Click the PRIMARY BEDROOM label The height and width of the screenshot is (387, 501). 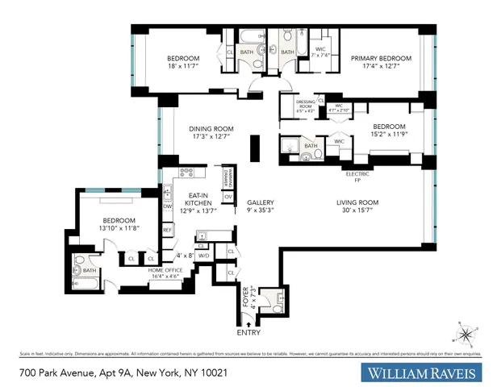(x=381, y=59)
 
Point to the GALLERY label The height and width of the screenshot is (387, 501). (x=261, y=202)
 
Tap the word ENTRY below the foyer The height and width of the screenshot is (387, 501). (x=248, y=331)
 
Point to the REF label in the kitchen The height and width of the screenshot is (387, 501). (x=168, y=230)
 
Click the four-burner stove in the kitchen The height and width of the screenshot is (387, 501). (x=186, y=171)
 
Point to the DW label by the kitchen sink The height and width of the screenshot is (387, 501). (x=167, y=206)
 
